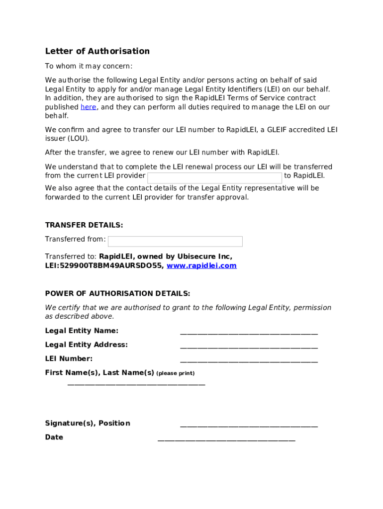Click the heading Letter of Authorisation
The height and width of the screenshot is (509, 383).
click(x=97, y=51)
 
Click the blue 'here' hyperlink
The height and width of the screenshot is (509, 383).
click(x=88, y=107)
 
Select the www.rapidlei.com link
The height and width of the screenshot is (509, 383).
click(x=201, y=266)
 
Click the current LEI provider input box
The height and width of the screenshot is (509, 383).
click(x=214, y=177)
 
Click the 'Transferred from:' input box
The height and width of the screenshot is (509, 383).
click(x=175, y=242)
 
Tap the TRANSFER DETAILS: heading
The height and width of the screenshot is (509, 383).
click(x=84, y=225)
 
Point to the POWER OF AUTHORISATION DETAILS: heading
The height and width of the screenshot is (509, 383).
click(x=117, y=294)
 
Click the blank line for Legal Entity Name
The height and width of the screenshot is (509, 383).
click(x=249, y=333)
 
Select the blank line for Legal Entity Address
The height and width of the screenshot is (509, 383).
click(x=249, y=346)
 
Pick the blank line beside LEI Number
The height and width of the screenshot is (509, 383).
click(x=249, y=360)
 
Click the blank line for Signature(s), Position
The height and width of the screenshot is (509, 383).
click(x=249, y=425)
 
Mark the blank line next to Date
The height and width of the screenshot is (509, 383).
click(x=226, y=439)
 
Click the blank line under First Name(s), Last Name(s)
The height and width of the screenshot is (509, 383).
click(x=136, y=383)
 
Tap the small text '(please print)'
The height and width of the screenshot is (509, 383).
click(x=175, y=373)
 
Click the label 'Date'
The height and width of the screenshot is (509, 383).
click(x=54, y=437)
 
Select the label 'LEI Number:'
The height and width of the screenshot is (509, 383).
click(x=69, y=359)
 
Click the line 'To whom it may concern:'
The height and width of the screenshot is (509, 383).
click(x=89, y=67)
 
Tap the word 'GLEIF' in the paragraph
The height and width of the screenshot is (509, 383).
click(x=279, y=130)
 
